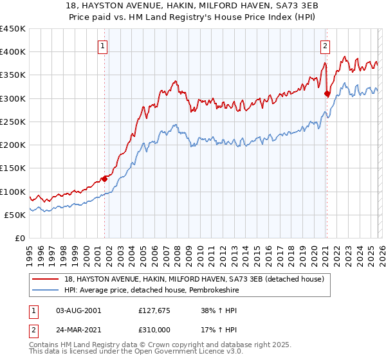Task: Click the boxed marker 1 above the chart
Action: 104,46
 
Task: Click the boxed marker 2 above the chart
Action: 326,46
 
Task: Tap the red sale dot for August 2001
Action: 104,179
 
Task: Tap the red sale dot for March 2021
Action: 327,94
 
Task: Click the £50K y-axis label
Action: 15,215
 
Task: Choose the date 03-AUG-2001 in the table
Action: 78,310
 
